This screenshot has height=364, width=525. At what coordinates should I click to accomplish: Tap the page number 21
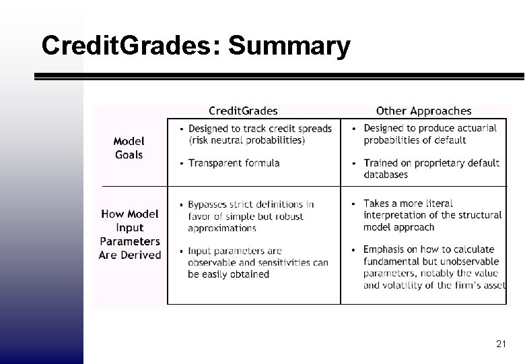[501, 344]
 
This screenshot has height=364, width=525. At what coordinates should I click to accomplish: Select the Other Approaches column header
[424, 111]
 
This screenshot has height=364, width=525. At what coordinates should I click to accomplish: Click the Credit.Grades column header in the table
[243, 111]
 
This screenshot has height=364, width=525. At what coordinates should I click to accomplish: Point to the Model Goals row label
[129, 148]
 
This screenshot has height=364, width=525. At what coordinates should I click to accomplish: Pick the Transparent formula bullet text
[234, 162]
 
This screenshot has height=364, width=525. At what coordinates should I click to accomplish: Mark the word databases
[386, 175]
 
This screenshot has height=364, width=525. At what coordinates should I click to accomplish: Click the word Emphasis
[386, 249]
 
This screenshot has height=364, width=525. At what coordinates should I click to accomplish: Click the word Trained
[381, 162]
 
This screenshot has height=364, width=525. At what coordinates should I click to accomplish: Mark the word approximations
[222, 229]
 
